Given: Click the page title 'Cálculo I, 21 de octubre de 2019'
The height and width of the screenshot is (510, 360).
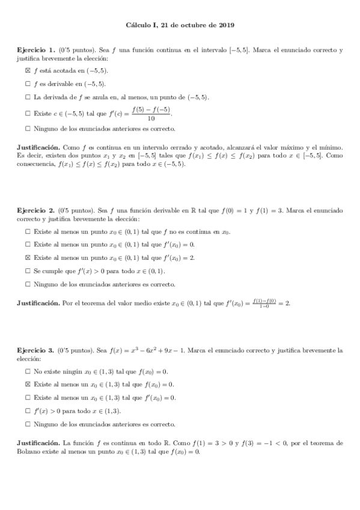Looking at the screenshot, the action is (180, 26).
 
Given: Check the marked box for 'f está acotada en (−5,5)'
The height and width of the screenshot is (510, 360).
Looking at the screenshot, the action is (28, 70).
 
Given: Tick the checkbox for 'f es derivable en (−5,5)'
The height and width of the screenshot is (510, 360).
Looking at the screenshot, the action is (28, 84).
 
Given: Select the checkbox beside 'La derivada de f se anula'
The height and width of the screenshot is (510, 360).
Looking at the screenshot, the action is (28, 97).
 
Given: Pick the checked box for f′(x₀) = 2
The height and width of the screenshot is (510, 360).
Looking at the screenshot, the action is (28, 257).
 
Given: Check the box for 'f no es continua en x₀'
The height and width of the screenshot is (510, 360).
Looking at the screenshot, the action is (28, 231).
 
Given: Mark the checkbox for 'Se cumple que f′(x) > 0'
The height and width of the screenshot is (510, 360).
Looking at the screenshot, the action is (28, 271).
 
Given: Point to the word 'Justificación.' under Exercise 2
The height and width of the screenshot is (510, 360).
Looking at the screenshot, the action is (38, 303).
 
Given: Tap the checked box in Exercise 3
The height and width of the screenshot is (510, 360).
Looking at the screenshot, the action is (28, 384).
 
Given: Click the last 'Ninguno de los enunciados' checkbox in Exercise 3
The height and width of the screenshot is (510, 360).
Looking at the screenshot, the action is (28, 424).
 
